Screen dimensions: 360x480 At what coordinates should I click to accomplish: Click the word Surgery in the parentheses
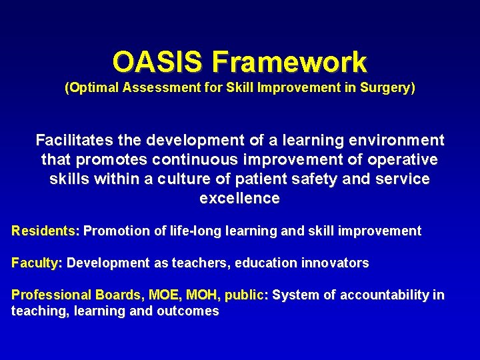tap(388, 87)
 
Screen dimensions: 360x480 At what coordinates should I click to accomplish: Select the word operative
tap(401, 160)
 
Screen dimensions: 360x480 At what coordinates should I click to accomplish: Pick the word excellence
tap(239, 199)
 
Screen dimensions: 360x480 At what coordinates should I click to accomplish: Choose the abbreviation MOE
tap(163, 295)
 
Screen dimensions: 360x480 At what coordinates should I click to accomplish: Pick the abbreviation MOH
tap(203, 295)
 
